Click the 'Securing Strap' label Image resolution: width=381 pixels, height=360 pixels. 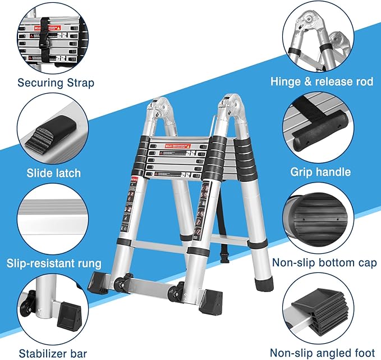point(56,83)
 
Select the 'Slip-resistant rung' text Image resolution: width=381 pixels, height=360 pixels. point(54,263)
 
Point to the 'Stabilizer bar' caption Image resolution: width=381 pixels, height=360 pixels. point(53,353)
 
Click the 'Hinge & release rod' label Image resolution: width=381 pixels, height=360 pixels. point(322,81)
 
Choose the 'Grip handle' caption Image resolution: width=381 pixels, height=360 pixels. point(320,172)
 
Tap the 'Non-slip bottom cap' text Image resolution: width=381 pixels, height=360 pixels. point(322,262)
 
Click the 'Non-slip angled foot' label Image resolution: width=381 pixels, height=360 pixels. point(322,353)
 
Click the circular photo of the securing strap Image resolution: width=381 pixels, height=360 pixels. point(54,37)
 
